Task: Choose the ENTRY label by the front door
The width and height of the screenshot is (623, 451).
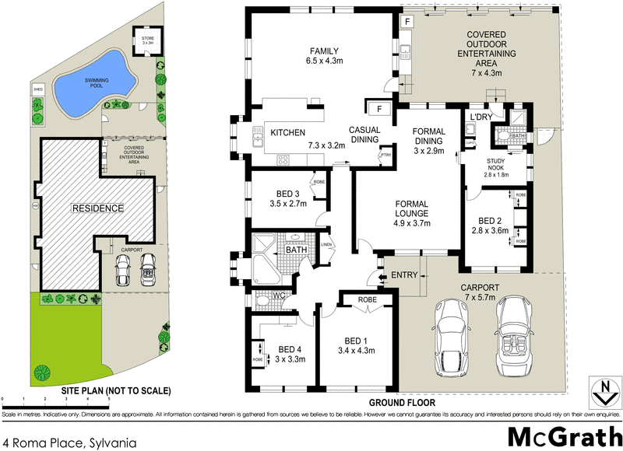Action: click(x=404, y=274)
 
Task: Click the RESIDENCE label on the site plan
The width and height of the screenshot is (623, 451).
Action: click(x=97, y=208)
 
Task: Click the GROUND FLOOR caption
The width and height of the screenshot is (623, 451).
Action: click(x=401, y=403)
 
